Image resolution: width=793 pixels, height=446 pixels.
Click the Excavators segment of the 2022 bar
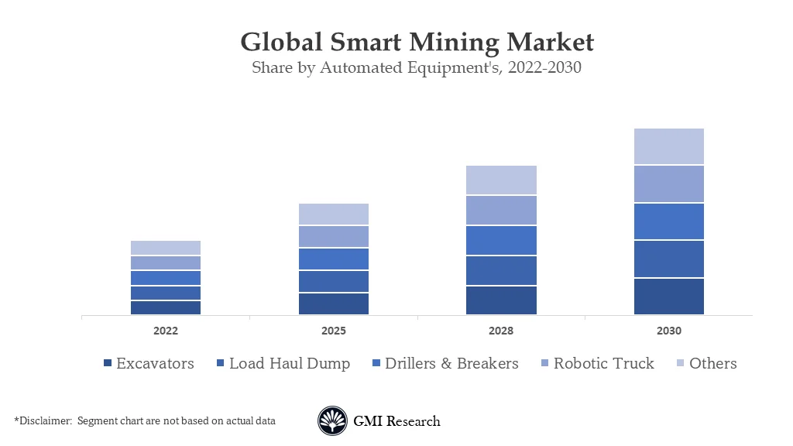pos(166,307)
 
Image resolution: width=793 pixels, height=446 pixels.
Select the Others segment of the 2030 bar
pos(668,146)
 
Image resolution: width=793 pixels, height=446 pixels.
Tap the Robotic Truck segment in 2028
pos(501,210)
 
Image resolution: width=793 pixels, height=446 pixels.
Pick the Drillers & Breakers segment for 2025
pos(333,259)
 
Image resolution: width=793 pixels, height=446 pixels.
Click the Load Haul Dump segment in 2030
pos(668,259)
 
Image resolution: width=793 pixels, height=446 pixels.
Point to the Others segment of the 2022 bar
pos(166,248)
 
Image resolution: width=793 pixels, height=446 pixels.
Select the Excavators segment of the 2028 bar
pos(501,300)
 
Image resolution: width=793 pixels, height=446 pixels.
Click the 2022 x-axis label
pos(166,331)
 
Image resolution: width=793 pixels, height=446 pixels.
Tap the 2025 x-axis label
pos(333,331)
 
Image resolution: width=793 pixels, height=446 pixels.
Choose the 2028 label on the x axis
pos(501,331)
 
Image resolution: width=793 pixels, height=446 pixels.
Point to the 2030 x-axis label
pos(668,331)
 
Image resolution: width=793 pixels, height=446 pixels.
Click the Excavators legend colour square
pos(108,364)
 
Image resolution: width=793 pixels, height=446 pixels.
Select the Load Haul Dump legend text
pos(290,363)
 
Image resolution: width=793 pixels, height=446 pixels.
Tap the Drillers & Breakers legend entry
pos(451,363)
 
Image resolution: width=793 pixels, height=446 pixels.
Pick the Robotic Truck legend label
pos(603,363)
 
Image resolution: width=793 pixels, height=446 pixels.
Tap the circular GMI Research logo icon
pos(332,421)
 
